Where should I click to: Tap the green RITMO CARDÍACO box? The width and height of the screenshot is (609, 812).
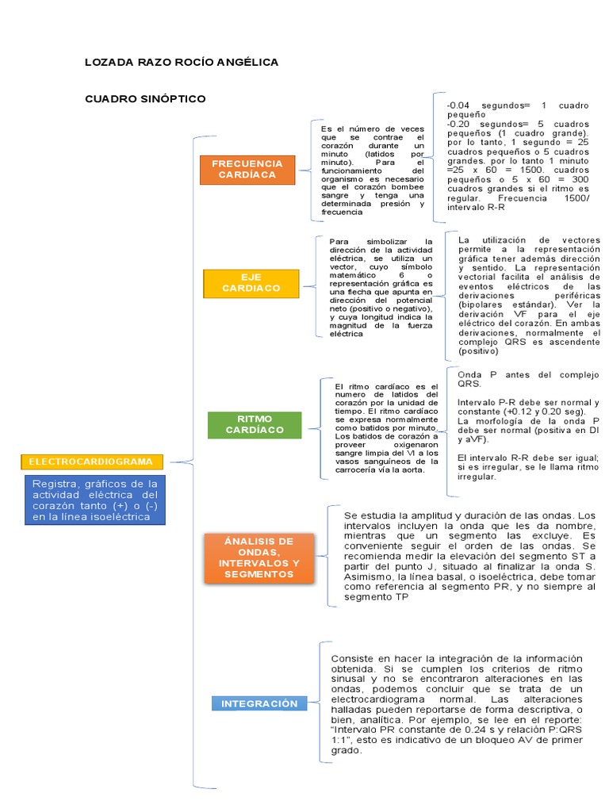point(255,424)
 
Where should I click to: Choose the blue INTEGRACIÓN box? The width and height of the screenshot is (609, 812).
point(259,703)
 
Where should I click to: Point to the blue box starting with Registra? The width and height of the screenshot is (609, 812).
point(95,500)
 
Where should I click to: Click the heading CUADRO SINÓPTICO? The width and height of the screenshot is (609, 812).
point(145,98)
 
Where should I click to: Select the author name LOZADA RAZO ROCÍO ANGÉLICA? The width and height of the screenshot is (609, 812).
point(182,62)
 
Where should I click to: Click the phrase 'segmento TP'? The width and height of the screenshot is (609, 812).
point(376,597)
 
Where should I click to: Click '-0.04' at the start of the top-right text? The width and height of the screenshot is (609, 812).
point(458,105)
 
